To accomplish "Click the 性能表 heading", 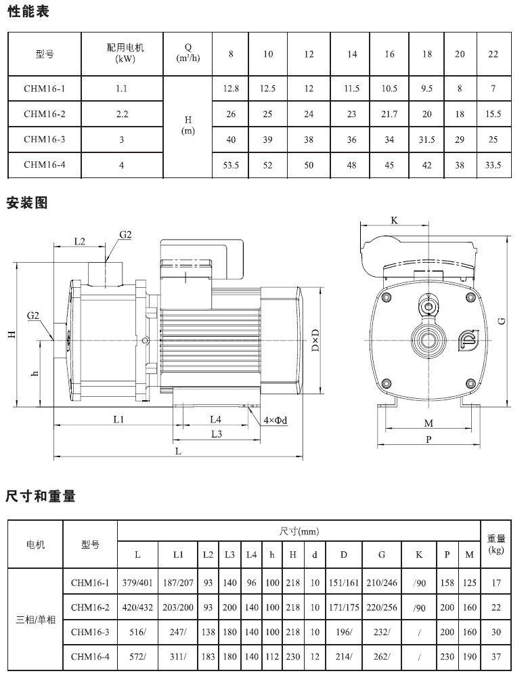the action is click(28, 12).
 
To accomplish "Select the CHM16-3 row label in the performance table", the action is click(45, 140).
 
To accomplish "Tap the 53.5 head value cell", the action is click(231, 165).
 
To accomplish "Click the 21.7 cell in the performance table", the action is click(389, 114).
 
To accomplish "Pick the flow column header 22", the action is click(493, 54).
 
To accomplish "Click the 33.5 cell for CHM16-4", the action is click(493, 165).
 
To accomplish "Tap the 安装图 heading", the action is click(27, 202).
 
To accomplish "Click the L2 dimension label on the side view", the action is click(79, 241).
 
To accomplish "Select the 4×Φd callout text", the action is click(275, 421).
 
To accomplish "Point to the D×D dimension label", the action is click(315, 341).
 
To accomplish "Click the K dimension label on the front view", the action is click(394, 220).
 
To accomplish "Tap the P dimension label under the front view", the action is click(428, 440).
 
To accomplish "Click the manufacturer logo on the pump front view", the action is click(468, 340).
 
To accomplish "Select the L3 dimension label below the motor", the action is click(216, 434).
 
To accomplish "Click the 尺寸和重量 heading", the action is click(41, 496).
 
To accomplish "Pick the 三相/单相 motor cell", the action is click(36, 620).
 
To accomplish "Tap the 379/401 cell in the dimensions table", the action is click(137, 583).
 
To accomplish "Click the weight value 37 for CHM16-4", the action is click(496, 656).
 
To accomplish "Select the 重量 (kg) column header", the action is click(496, 544).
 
